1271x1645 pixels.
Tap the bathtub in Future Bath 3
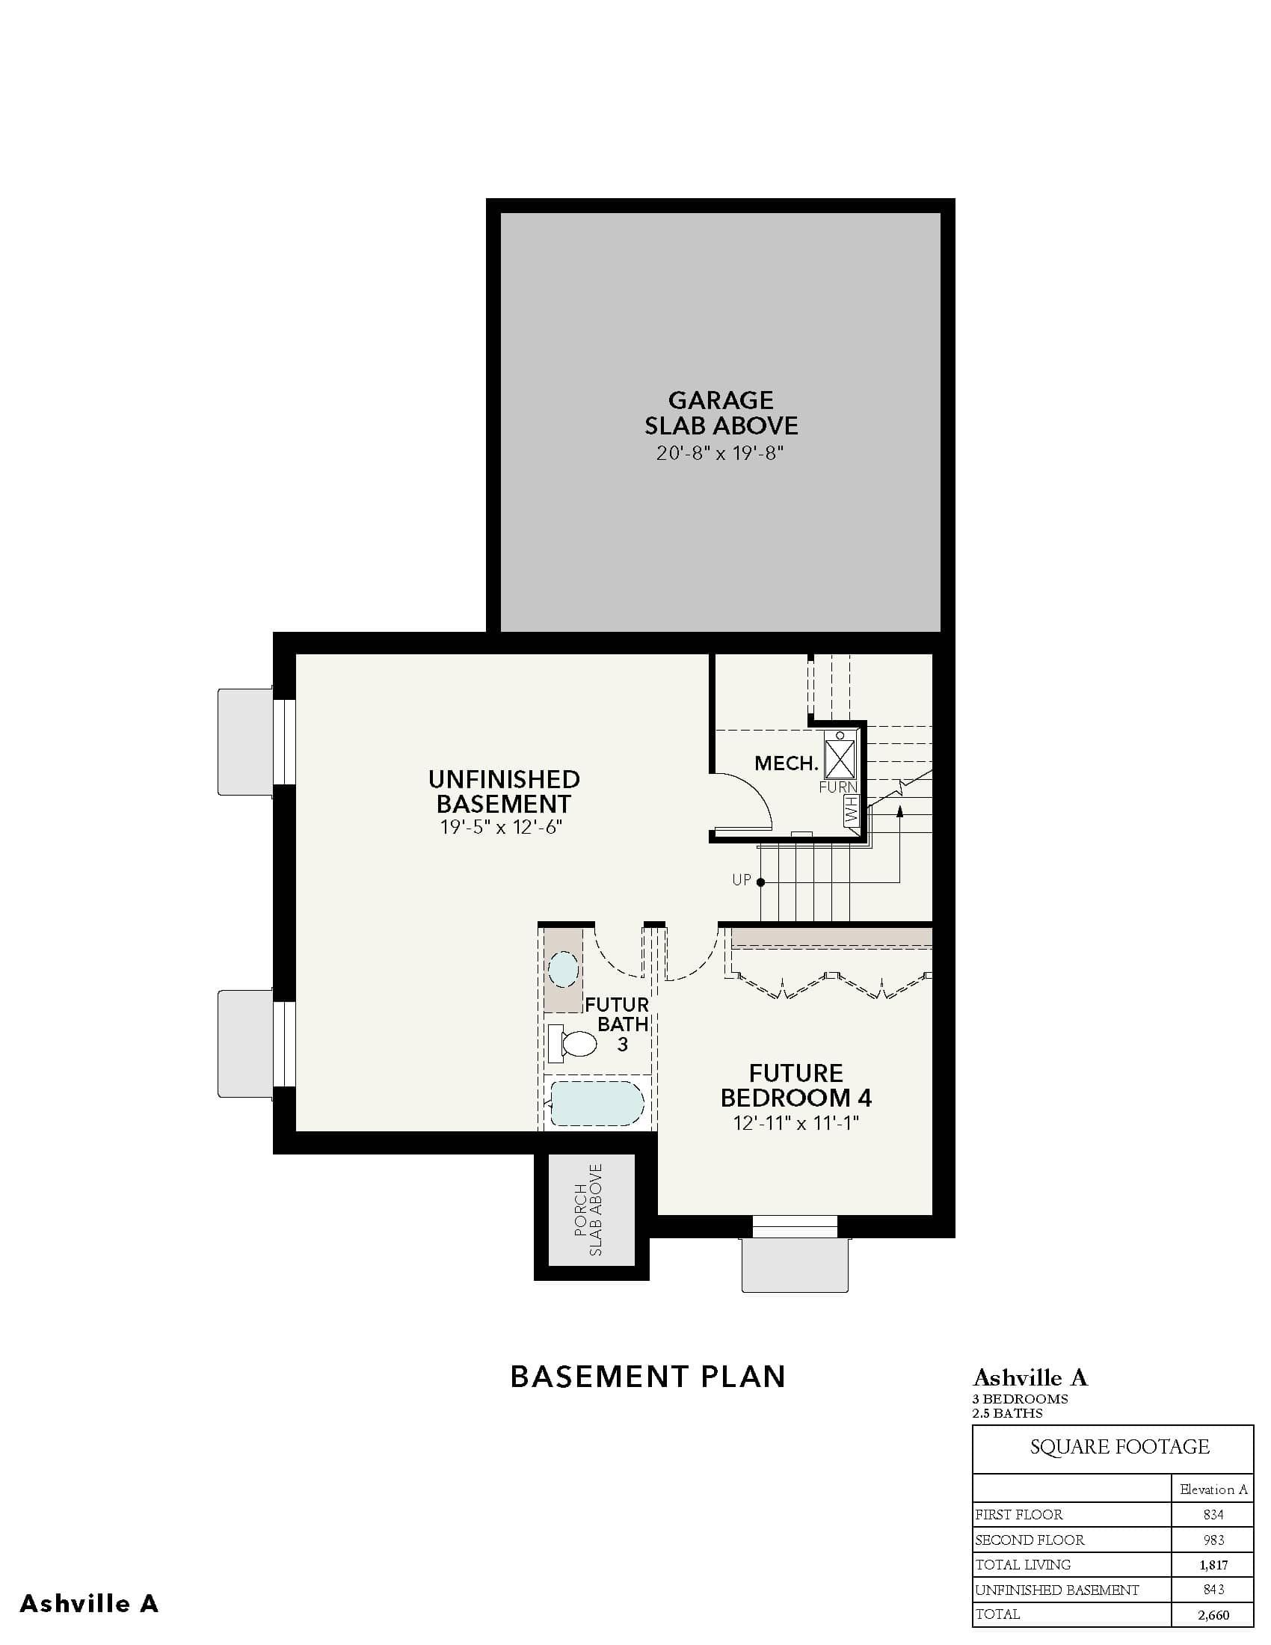597,1104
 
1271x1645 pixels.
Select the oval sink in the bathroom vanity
563,969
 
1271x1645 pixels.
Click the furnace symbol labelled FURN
840,758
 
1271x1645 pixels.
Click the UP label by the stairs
742,880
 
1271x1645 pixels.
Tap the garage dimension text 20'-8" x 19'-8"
721,453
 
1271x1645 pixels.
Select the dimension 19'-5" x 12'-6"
502,828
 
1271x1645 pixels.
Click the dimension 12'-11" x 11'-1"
797,1123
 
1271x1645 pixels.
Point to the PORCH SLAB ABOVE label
589,1211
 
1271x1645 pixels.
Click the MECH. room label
786,763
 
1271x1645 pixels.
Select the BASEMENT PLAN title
647,1377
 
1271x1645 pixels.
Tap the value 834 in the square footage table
1213,1515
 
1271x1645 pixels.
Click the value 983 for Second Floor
1213,1540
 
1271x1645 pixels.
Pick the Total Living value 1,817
1213,1565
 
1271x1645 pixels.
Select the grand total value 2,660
1213,1615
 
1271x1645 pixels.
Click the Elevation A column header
1213,1489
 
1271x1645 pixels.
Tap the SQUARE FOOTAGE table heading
1120,1447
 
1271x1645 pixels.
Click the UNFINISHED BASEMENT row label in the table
1057,1590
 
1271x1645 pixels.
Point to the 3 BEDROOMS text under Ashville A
1021,1399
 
